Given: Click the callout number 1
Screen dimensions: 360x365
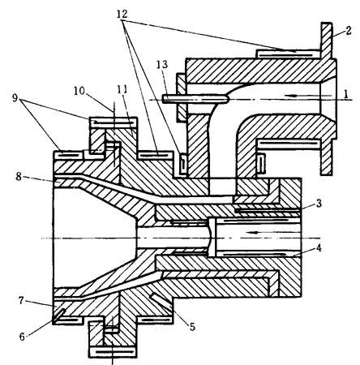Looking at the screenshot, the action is pos(345,94).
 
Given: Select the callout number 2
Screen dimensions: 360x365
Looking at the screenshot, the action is pos(349,31).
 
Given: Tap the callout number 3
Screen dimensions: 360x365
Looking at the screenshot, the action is pos(319,203).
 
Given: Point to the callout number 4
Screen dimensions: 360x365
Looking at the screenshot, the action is pos(319,247).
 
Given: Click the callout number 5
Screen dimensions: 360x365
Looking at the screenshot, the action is pos(192,327).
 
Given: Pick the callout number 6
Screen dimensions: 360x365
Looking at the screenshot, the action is pos(22,337).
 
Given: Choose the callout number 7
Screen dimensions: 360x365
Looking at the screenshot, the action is pos(22,300).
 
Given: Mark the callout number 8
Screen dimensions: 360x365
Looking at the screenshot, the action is pos(19,177).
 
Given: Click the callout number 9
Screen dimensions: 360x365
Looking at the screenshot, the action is pos(15,98).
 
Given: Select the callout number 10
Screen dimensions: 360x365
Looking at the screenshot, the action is pos(79,91).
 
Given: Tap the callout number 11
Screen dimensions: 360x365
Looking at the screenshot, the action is pos(122,89).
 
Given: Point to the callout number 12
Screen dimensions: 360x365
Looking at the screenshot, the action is pos(122,14).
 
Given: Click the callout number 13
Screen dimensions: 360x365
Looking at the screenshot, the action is pos(162,64).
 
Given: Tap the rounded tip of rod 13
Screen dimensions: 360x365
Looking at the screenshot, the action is pos(226,99).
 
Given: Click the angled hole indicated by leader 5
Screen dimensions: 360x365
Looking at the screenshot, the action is pos(161,300).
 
